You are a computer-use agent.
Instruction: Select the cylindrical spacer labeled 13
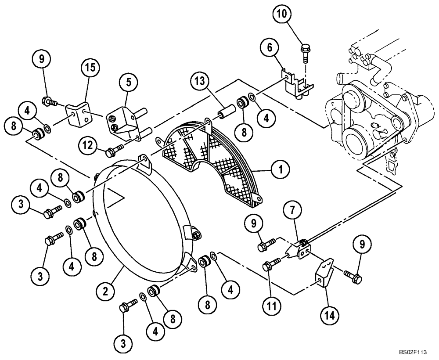coord(224,111)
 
